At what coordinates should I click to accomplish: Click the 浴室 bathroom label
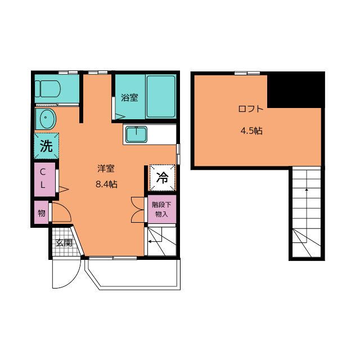click(130, 98)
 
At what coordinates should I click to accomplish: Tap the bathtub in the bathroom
click(161, 96)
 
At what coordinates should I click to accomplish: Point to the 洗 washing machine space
click(46, 146)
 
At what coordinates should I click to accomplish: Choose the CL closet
click(44, 179)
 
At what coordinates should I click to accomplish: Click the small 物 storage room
click(42, 213)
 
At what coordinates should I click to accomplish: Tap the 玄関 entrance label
click(64, 242)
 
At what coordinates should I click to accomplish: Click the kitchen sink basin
click(136, 134)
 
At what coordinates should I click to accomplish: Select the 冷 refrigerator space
click(163, 178)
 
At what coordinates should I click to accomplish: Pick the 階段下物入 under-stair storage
click(161, 209)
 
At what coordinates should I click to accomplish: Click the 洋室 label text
click(106, 169)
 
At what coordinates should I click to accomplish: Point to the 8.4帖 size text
click(106, 184)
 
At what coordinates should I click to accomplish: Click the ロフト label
click(251, 109)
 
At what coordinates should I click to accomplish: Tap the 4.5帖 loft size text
click(251, 131)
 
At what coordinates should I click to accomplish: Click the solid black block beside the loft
click(296, 90)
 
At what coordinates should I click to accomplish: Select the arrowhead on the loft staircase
click(306, 190)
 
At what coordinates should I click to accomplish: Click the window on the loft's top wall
click(247, 73)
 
